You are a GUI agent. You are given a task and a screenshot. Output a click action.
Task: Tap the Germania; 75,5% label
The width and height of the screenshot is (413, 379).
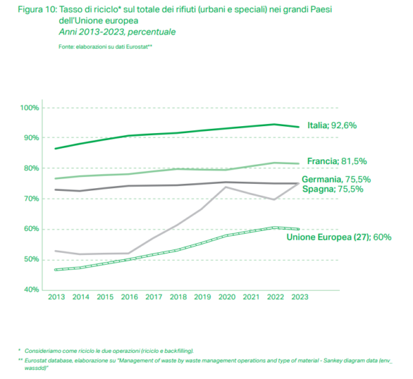pos(336,179)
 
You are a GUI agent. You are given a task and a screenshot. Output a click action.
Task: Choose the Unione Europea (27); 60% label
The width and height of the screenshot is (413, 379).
pos(339,237)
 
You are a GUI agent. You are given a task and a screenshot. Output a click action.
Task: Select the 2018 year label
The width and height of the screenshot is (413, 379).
pos(177,298)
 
